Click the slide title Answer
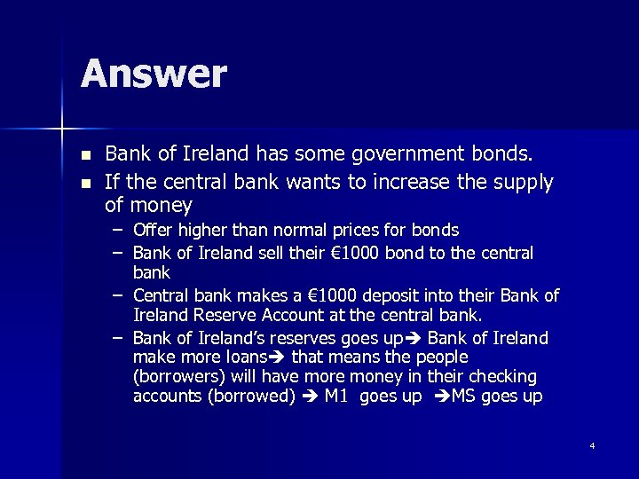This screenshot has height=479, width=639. click(154, 75)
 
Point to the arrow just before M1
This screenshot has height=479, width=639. click(310, 397)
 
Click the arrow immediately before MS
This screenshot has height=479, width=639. click(441, 397)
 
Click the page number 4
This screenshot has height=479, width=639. click(592, 445)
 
